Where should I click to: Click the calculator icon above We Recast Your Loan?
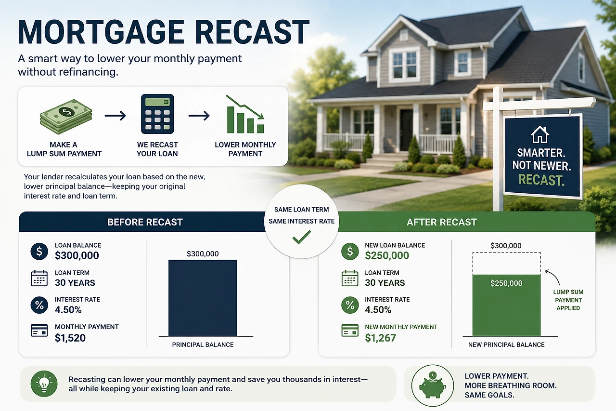157,114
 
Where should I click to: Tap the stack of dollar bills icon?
66,117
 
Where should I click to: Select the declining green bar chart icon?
245,114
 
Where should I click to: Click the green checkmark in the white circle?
302,237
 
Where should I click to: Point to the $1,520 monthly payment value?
70,338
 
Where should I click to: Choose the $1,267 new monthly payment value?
380,338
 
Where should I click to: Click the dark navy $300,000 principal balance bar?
203,298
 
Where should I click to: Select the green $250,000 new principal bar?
506,305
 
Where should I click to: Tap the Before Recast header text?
145,222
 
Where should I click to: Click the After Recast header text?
442,222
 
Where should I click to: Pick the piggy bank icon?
432,385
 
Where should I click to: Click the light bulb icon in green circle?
44,384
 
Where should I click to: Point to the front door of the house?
406,130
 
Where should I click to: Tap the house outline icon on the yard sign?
540,134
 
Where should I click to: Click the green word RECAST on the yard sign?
541,180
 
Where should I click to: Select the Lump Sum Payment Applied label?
568,300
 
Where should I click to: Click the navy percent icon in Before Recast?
39,305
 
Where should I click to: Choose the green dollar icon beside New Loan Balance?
350,252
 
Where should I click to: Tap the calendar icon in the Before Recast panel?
39,278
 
